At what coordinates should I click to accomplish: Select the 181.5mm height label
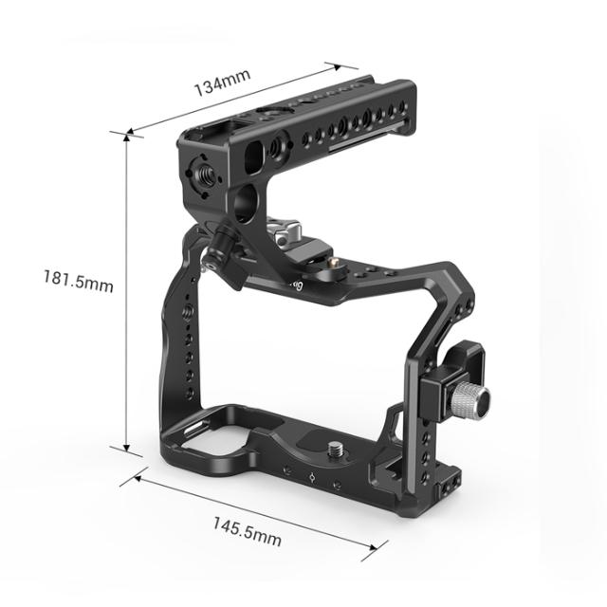[78, 282]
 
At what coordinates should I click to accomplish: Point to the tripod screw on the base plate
[337, 445]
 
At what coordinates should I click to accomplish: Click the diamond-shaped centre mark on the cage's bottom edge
[310, 477]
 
